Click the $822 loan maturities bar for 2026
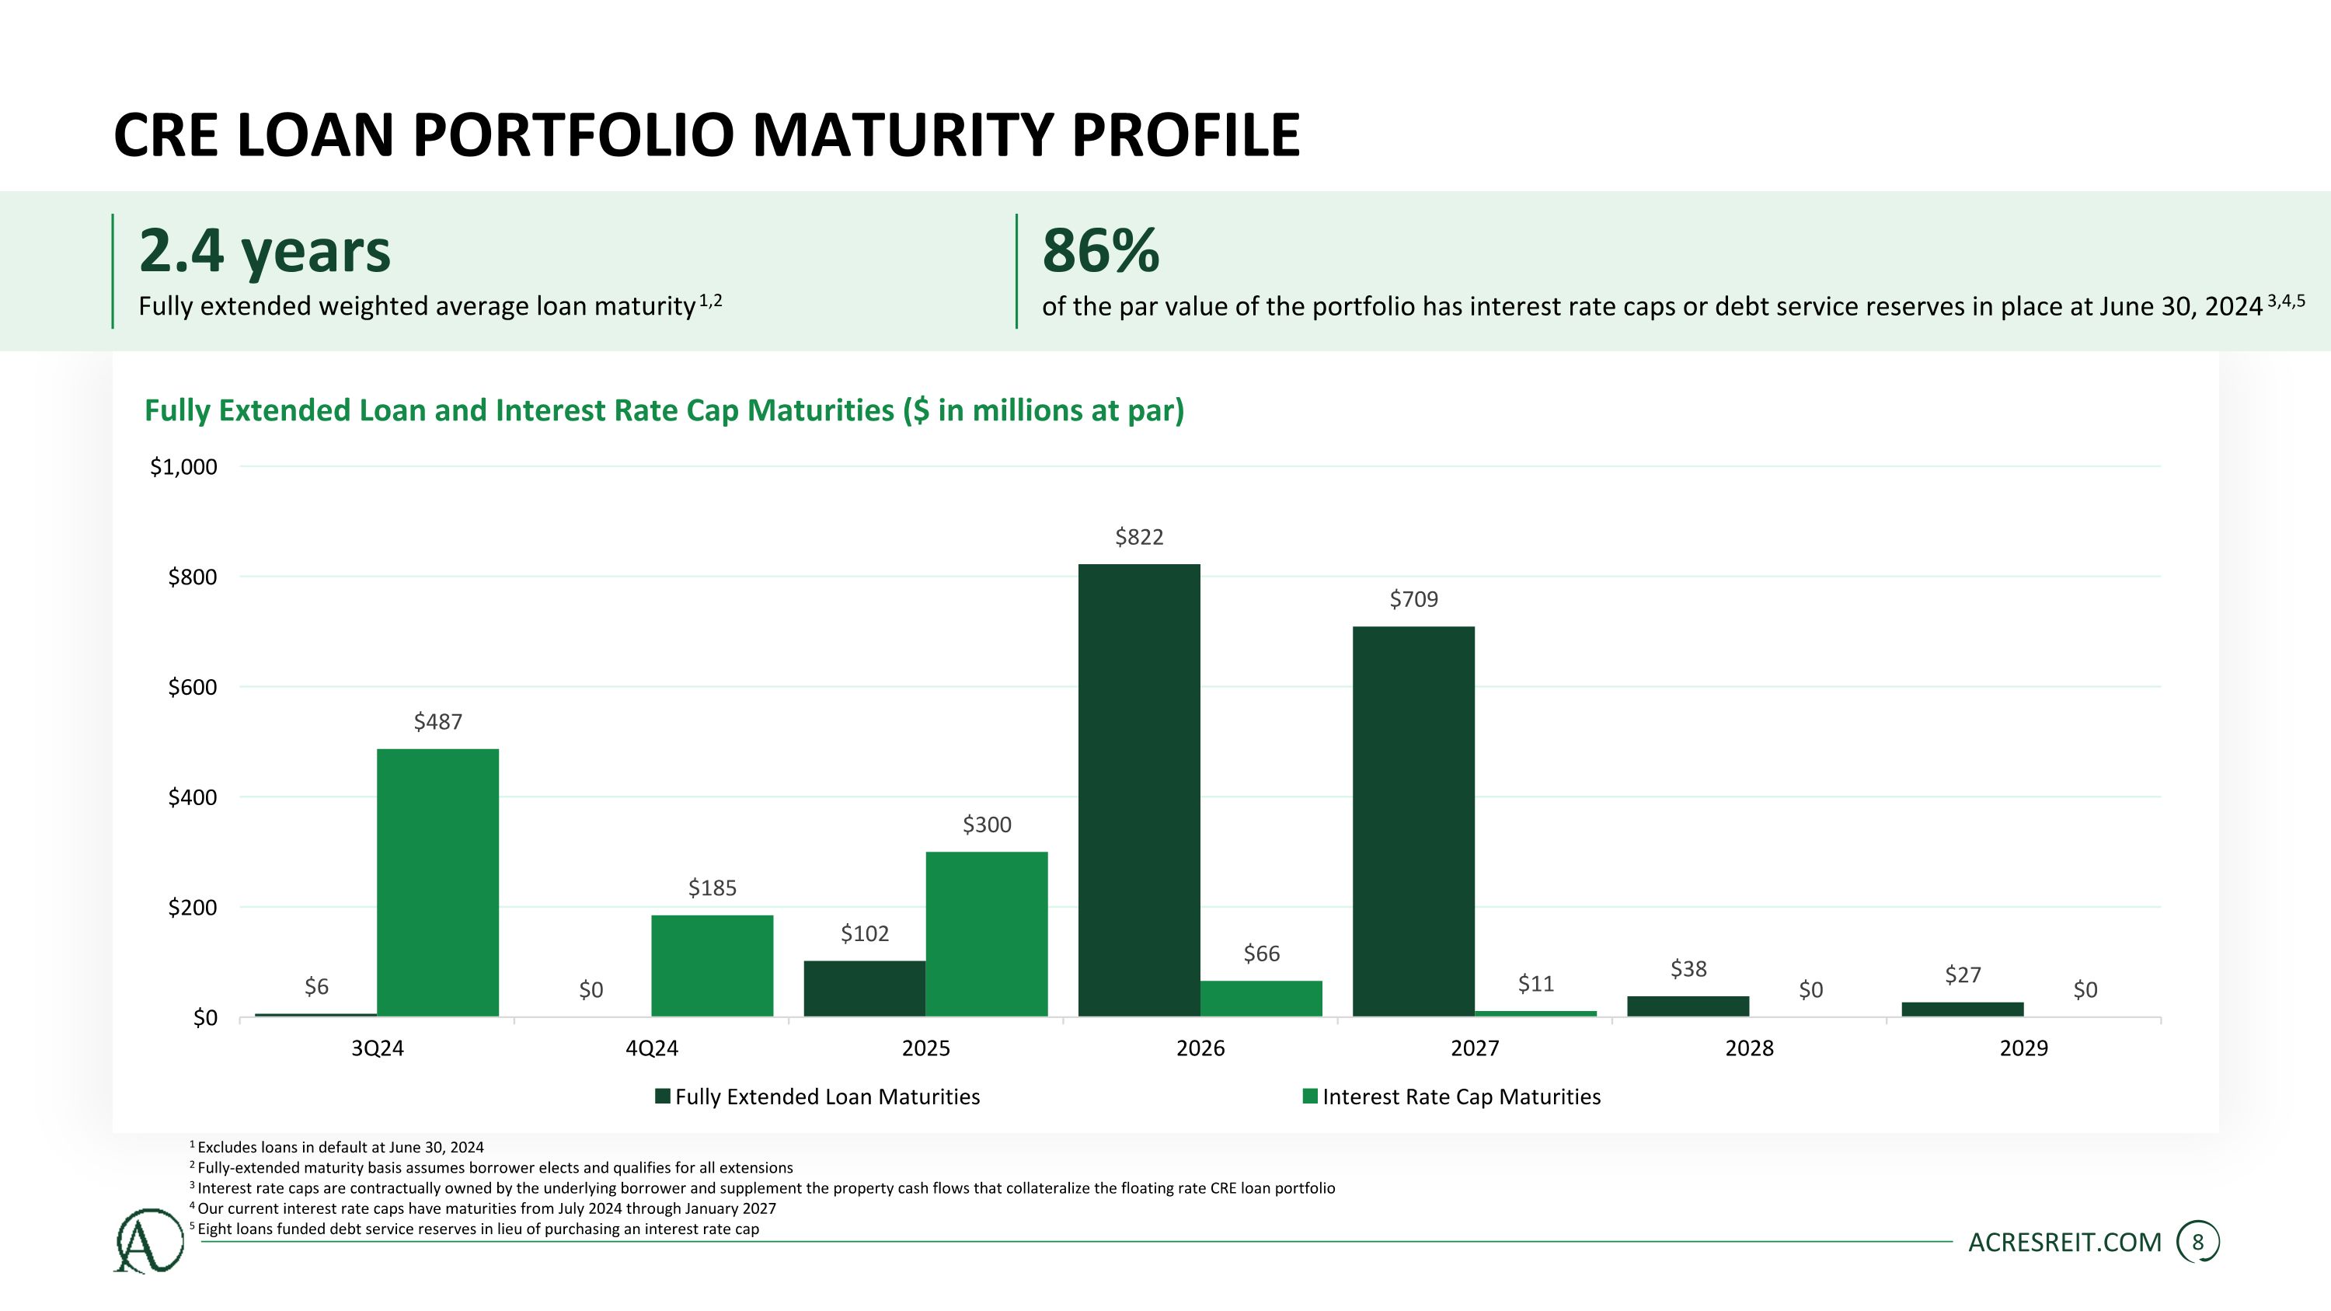pos(1138,790)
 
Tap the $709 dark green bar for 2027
pos(1413,821)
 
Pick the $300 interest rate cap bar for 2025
pos(986,934)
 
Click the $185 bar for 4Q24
pos(713,965)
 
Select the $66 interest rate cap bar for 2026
pos(1260,998)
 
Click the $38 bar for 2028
pos(1688,1006)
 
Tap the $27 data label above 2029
pos(1963,975)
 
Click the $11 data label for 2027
pos(1535,984)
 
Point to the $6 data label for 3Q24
pos(315,986)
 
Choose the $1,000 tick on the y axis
pos(183,467)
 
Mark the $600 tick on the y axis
pos(193,687)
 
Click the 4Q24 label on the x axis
pos(652,1048)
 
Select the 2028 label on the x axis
pos(1749,1048)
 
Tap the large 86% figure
pos(1100,249)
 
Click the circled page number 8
pos(2197,1243)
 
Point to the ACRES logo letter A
pos(148,1240)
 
